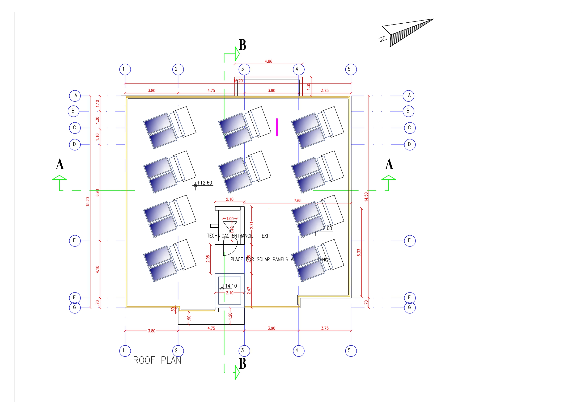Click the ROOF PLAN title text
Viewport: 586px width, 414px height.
pyautogui.click(x=157, y=360)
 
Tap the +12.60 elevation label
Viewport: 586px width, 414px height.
pyautogui.click(x=204, y=183)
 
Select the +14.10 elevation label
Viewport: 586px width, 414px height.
pyautogui.click(x=231, y=286)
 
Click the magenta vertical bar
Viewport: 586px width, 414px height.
pyautogui.click(x=277, y=127)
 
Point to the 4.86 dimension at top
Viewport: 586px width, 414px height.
pyautogui.click(x=268, y=61)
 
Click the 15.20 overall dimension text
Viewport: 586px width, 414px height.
pyautogui.click(x=88, y=201)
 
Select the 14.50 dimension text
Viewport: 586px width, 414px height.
pyautogui.click(x=366, y=197)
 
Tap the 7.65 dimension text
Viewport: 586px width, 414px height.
pyautogui.click(x=297, y=201)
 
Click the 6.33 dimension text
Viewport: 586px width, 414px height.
pyautogui.click(x=359, y=253)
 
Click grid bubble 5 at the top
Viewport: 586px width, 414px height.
pyautogui.click(x=351, y=69)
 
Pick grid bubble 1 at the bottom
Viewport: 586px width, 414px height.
pyautogui.click(x=125, y=351)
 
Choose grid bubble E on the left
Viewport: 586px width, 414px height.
pyautogui.click(x=75, y=241)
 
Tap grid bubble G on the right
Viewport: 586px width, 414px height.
pyautogui.click(x=410, y=308)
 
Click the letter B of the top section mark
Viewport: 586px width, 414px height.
pyautogui.click(x=242, y=45)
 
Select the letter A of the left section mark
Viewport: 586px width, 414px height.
pyautogui.click(x=60, y=164)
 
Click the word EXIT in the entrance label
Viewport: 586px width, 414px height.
pyautogui.click(x=266, y=236)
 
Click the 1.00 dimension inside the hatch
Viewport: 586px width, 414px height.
pyautogui.click(x=230, y=219)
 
